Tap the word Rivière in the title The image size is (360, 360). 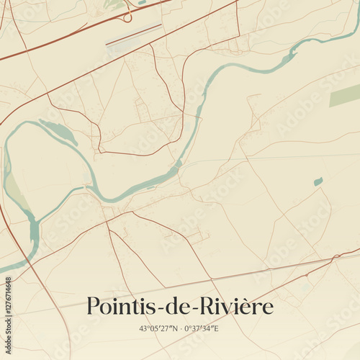(x=237, y=307)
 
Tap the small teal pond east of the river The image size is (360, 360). (x=318, y=181)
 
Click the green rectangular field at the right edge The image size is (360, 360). (x=345, y=95)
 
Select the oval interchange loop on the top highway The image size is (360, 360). (x=127, y=16)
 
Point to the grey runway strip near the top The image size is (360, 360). (x=134, y=35)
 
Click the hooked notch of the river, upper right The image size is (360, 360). (x=293, y=55)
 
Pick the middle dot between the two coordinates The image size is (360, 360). (x=180, y=328)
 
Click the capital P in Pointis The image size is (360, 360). (x=93, y=307)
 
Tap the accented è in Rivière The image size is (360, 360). (x=256, y=307)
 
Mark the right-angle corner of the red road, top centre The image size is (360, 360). (x=238, y=36)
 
